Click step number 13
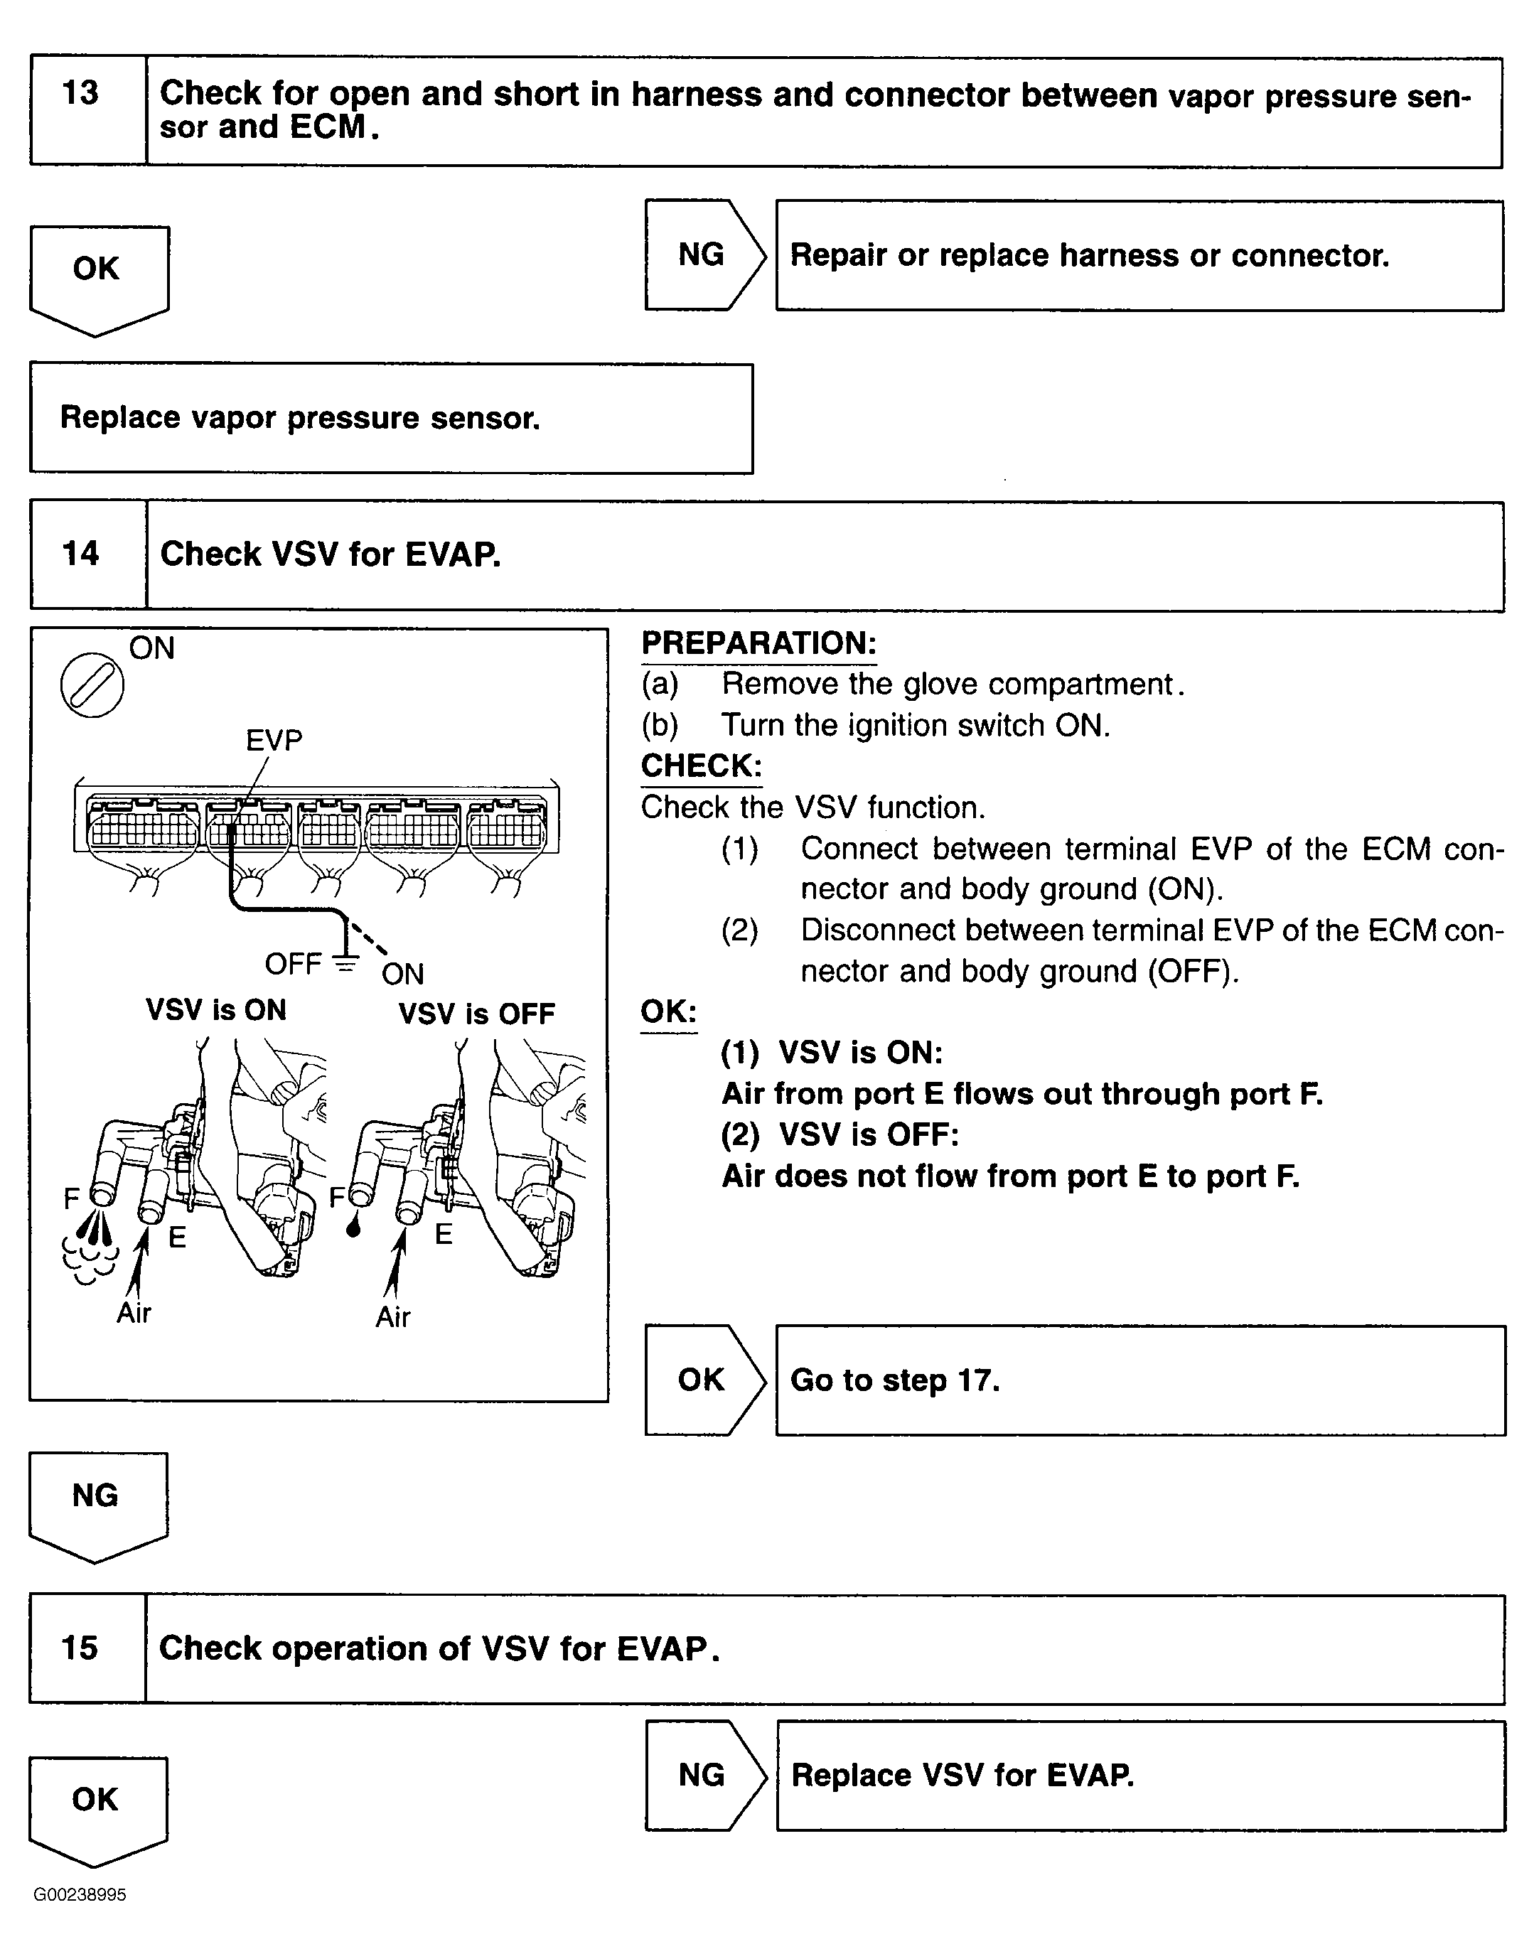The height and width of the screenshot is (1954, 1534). click(x=80, y=93)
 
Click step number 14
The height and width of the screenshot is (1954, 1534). click(x=80, y=553)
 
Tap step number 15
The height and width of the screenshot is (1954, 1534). click(x=79, y=1648)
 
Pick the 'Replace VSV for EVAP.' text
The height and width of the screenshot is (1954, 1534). click(x=962, y=1776)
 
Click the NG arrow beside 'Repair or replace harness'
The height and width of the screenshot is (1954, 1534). click(x=703, y=255)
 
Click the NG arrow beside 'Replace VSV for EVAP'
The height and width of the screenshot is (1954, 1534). click(x=703, y=1776)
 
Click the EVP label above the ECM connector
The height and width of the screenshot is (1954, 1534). click(x=274, y=740)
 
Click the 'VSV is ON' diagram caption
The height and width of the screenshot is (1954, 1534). click(x=215, y=1010)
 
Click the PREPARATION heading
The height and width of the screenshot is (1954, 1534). click(x=758, y=644)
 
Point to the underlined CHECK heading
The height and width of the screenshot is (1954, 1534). click(x=701, y=766)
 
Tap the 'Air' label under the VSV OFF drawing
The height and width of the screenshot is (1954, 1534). click(x=392, y=1317)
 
